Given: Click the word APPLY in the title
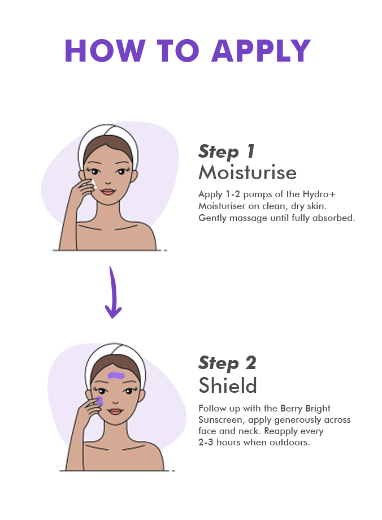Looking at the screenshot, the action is [261, 51].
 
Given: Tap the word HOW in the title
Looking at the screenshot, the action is [105, 51].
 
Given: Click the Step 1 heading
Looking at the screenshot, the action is [227, 152].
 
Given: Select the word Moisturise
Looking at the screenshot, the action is [248, 172].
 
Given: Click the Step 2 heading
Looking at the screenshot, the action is [227, 363].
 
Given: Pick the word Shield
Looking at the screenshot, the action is [228, 385].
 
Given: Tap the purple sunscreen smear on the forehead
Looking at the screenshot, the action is [116, 376].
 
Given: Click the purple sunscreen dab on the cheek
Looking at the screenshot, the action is [99, 401].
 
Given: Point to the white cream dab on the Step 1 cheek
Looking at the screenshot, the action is [94, 184].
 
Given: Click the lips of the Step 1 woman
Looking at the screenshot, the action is [108, 192].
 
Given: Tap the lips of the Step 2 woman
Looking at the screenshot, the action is [115, 411].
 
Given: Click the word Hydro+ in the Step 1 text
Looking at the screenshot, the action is [319, 194].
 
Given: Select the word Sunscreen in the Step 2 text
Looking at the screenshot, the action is [220, 420].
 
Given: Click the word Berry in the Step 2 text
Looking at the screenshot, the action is [291, 409].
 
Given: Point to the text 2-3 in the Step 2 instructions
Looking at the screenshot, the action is [206, 443].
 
